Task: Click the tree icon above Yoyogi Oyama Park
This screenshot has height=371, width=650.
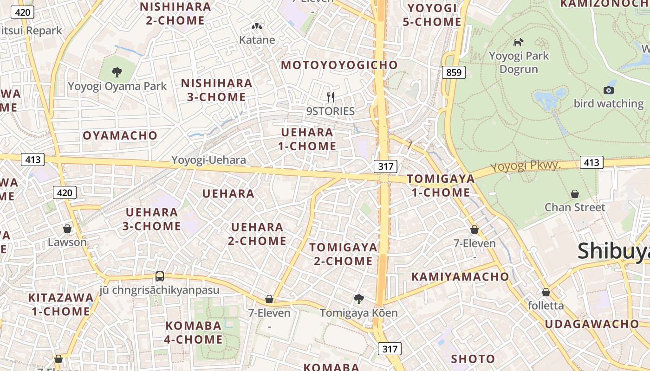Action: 117,72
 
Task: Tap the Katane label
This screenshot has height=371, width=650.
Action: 257,40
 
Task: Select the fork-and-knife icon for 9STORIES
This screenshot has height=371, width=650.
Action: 331,97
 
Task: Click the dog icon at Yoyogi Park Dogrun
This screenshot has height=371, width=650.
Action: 518,42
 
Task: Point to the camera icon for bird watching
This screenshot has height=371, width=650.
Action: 608,90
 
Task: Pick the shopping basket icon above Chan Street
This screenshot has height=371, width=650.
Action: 575,193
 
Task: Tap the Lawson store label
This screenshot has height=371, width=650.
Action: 67,242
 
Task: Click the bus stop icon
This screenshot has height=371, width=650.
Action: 160,276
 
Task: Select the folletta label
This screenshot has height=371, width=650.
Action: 546,306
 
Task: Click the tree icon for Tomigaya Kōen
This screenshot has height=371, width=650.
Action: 358,299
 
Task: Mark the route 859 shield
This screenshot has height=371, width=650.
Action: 454,72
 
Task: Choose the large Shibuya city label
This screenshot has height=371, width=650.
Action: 613,251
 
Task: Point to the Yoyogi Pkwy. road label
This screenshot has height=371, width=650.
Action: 526,166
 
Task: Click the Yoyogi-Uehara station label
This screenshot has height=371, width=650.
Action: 208,160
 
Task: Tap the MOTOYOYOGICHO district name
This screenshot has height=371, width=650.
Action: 339,65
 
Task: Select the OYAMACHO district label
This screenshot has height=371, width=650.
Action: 120,135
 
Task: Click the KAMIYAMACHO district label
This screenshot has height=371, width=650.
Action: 460,277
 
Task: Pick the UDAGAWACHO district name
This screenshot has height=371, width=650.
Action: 591,324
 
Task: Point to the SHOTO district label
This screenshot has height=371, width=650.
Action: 473,359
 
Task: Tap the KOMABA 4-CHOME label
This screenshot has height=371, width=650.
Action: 194,333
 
